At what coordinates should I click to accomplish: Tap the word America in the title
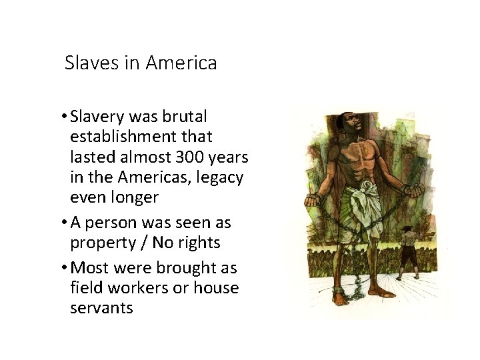(181, 63)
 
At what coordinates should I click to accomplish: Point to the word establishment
(141, 137)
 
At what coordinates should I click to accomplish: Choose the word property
(101, 243)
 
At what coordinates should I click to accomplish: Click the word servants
(101, 308)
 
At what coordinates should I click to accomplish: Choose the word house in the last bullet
(216, 288)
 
